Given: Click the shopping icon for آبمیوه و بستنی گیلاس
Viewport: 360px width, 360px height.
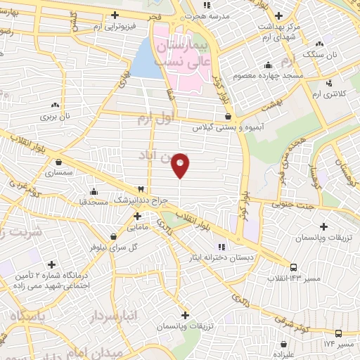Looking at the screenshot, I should tap(227, 117).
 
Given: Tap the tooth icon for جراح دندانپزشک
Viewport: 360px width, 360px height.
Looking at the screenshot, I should tap(140, 189).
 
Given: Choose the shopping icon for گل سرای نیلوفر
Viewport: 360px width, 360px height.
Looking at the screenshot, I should tap(112, 236).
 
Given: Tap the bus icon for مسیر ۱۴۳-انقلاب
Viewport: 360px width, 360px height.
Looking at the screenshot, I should tap(292, 267).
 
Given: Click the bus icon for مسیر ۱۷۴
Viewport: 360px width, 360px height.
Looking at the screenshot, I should tap(338, 333).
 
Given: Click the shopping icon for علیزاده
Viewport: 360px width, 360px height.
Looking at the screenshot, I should tap(282, 345).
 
